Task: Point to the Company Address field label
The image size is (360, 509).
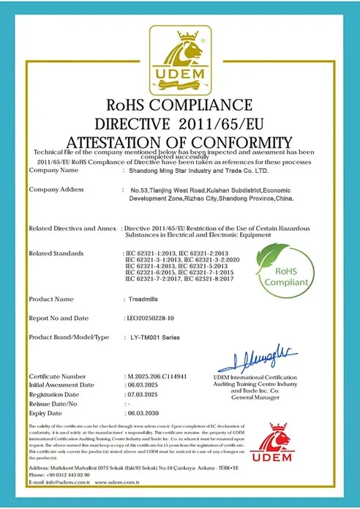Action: [x=56, y=190]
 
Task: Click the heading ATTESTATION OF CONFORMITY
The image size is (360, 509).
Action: [x=179, y=141]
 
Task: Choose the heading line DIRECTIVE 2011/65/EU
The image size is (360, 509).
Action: [x=179, y=121]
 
